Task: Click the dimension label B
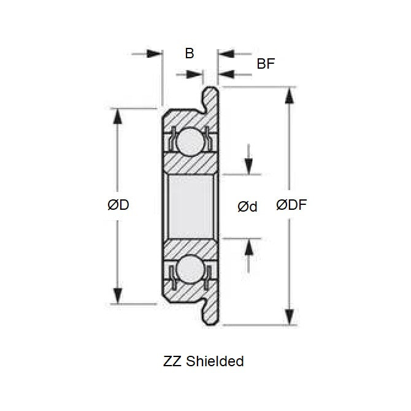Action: coord(190,53)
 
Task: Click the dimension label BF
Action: coord(266,63)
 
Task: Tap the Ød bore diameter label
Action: coord(247,207)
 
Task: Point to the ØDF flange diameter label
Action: coord(291,205)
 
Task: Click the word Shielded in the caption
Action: coord(215,361)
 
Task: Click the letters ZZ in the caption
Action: coord(173,361)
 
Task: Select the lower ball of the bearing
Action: coord(190,271)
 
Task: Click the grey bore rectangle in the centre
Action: coord(190,205)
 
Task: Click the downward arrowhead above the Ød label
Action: coord(249,166)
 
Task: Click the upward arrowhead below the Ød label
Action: coord(249,247)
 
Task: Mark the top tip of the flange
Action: coord(212,90)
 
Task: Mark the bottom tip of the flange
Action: coord(212,322)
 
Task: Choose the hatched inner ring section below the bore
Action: coord(190,247)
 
